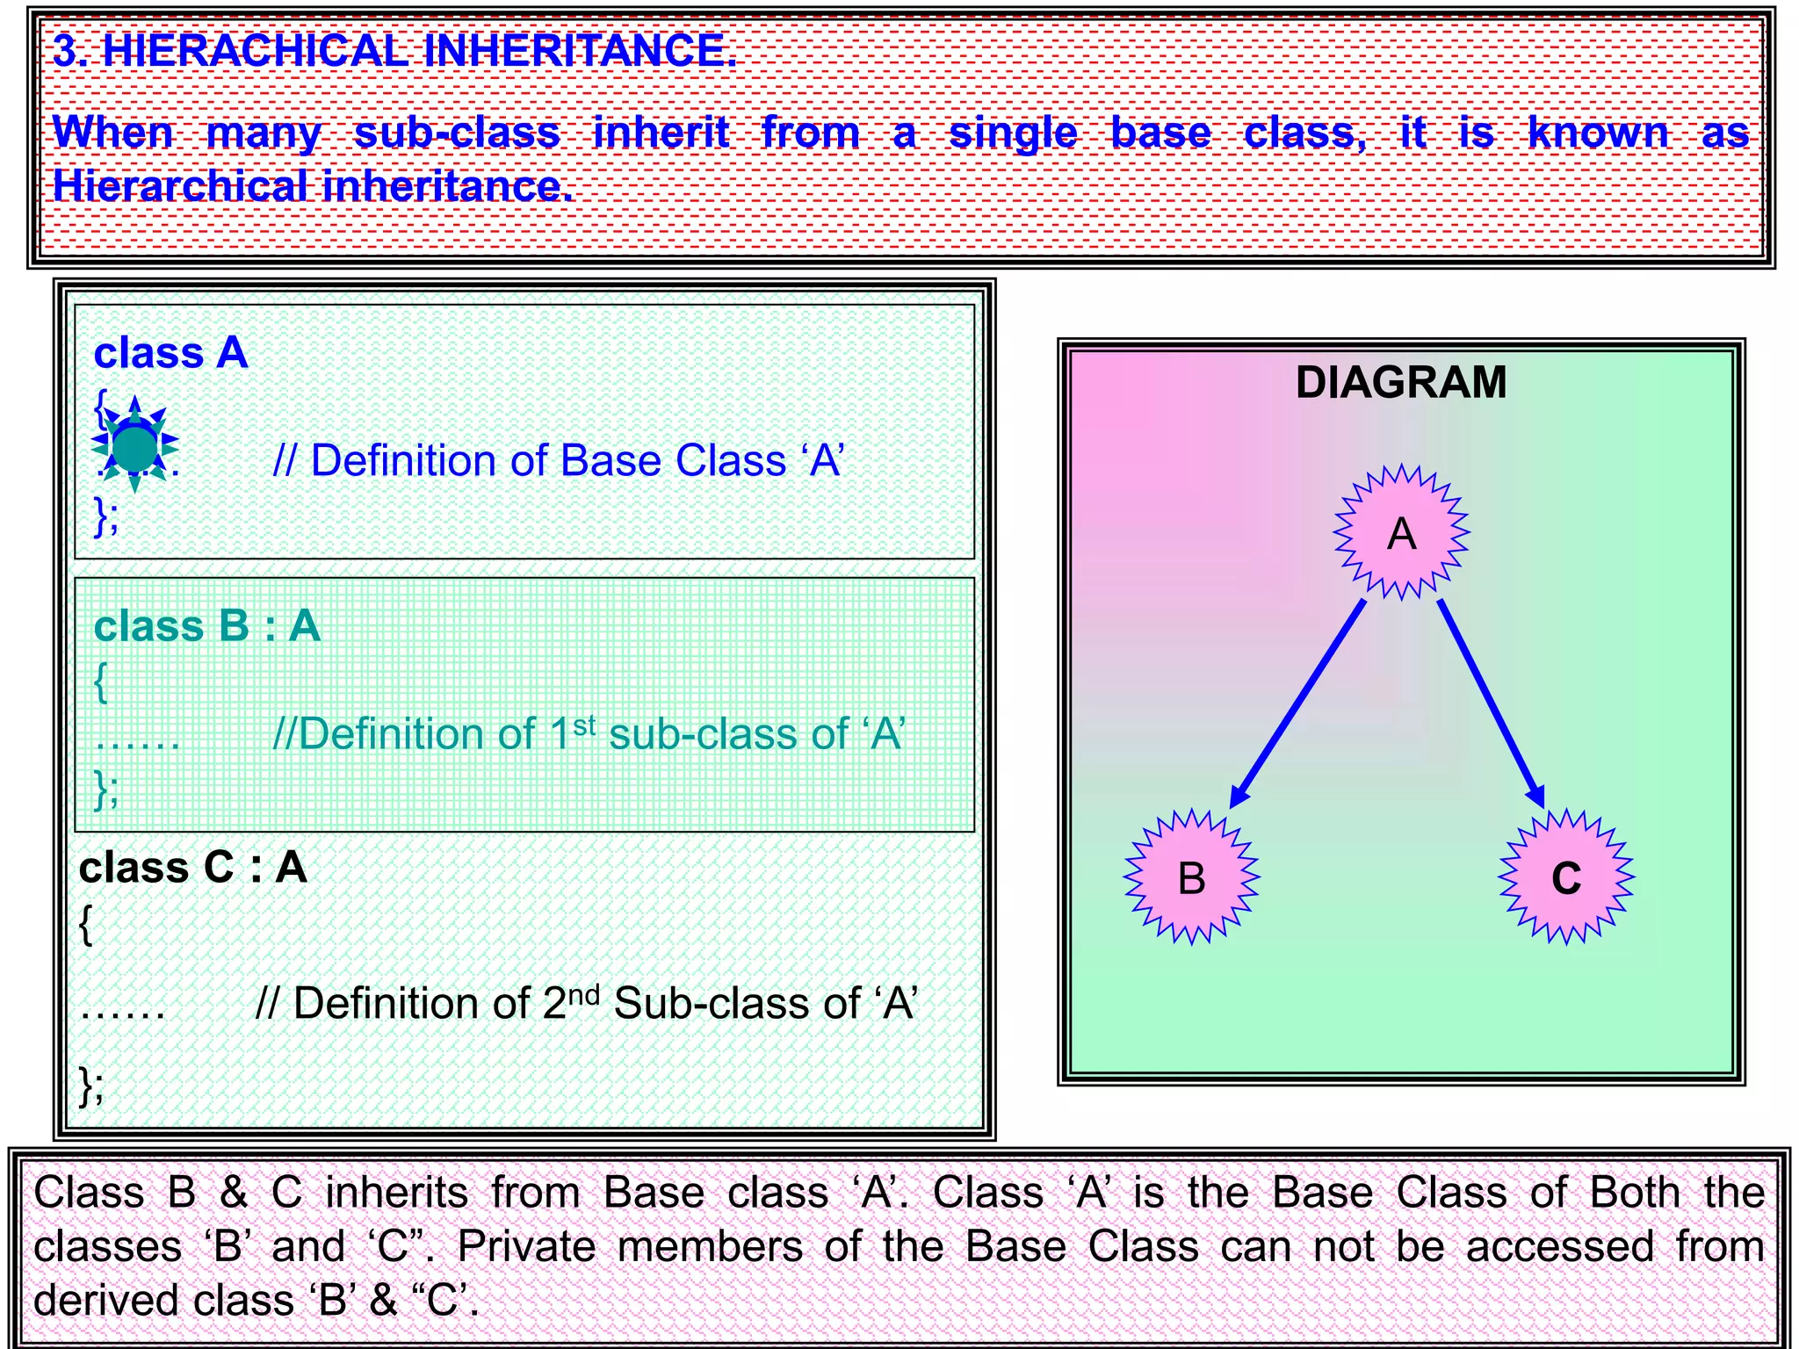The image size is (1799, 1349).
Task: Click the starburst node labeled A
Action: pyautogui.click(x=1401, y=532)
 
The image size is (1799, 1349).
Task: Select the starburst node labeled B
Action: pyautogui.click(x=1192, y=876)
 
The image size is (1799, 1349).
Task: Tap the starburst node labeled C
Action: pyautogui.click(x=1566, y=876)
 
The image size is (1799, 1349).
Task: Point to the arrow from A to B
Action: pyautogui.click(x=1298, y=703)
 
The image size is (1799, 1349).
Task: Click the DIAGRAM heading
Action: pyautogui.click(x=1401, y=383)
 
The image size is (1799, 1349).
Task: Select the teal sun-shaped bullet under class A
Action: pyautogui.click(x=134, y=445)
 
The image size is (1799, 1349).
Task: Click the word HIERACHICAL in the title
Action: pyautogui.click(x=255, y=51)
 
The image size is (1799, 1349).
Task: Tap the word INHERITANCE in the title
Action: pyautogui.click(x=580, y=51)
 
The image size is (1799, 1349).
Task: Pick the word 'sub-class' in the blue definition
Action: pyautogui.click(x=457, y=133)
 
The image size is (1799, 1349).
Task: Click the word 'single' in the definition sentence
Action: pyautogui.click(x=1013, y=133)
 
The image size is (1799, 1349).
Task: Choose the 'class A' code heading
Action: pyautogui.click(x=170, y=353)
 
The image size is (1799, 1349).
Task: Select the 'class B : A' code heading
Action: pyautogui.click(x=206, y=626)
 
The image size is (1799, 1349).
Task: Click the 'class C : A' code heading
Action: pyautogui.click(x=192, y=868)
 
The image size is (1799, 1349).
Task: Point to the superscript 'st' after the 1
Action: pyautogui.click(x=584, y=725)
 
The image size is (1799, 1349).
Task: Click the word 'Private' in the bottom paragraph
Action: pyautogui.click(x=526, y=1246)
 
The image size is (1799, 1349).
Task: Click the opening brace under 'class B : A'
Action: pyautogui.click(x=101, y=681)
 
